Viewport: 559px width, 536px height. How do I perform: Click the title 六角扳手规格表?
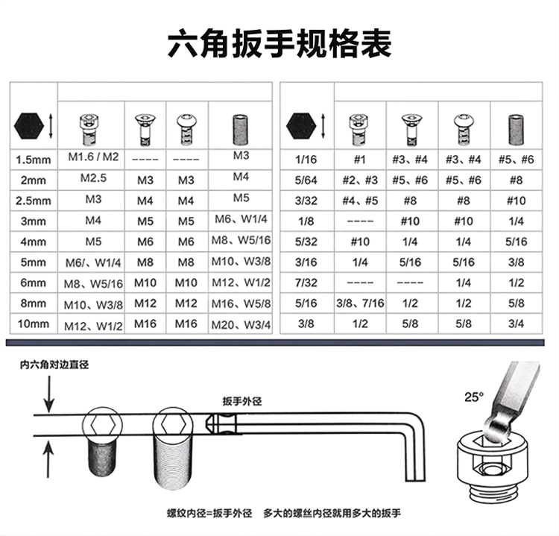279,44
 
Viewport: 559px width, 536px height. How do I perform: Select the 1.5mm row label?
33,160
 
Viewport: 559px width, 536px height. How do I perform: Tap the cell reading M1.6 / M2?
93,157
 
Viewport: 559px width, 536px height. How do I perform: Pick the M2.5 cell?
93,178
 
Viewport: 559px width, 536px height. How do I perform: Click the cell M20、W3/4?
241,325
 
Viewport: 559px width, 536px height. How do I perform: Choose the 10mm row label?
33,324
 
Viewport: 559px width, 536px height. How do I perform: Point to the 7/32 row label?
306,283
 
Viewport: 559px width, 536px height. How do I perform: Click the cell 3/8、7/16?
360,303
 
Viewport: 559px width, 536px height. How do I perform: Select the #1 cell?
360,160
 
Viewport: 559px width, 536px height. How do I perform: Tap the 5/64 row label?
306,180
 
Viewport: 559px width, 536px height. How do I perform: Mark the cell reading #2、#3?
360,180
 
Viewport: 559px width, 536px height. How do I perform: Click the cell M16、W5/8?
241,304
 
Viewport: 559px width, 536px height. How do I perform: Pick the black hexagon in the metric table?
29,127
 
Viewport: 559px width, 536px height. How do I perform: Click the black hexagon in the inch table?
301,126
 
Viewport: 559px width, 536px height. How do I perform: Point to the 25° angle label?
474,397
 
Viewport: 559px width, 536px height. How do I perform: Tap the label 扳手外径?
242,401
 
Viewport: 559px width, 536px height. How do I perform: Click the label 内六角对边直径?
54,365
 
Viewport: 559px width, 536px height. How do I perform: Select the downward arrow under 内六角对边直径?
48,394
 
